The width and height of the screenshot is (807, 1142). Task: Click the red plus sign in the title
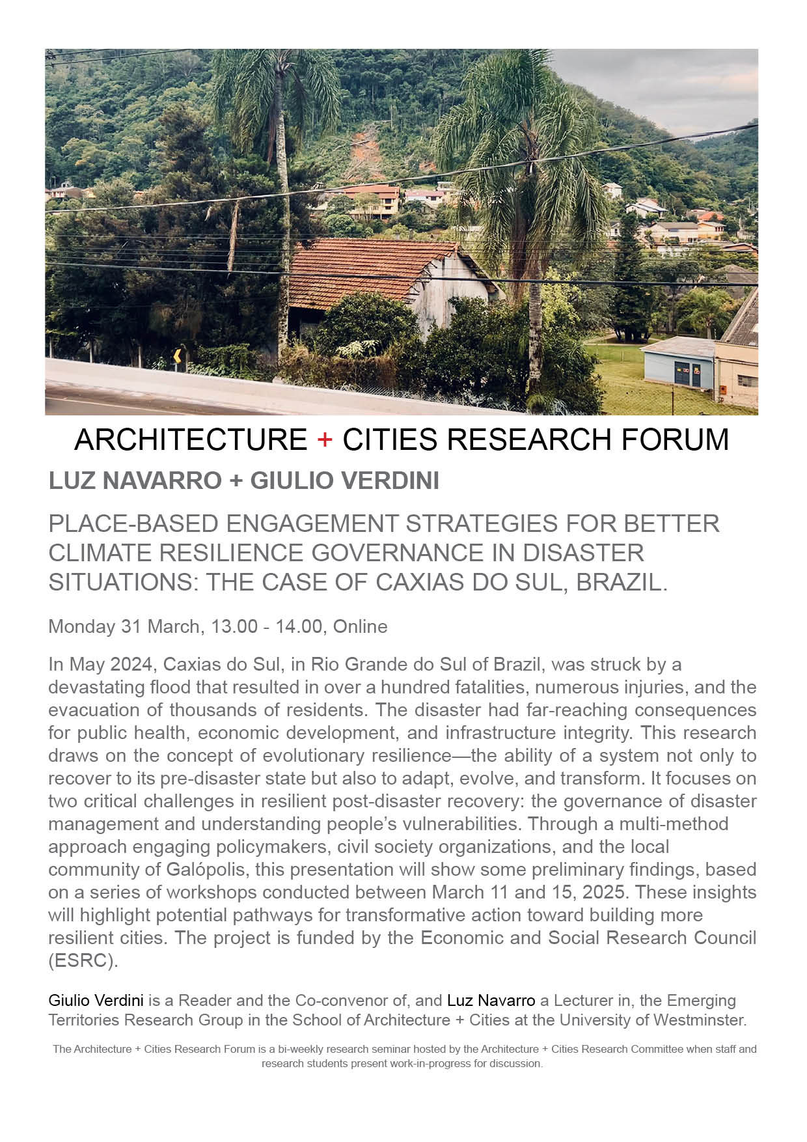[325, 440]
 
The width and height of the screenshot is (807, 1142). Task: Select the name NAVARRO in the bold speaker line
[163, 481]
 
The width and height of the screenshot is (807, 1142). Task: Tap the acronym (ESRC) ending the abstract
[83, 961]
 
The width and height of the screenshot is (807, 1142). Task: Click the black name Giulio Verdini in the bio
[96, 1000]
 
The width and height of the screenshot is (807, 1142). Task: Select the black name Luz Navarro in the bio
[491, 1000]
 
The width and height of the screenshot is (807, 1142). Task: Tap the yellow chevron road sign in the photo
[177, 356]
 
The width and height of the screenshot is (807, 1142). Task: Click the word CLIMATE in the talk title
[100, 553]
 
